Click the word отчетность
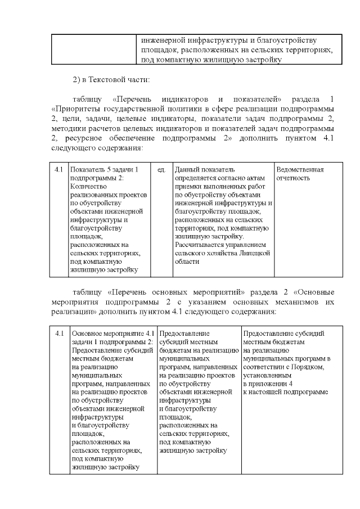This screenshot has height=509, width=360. point(293,178)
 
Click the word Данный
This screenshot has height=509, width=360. point(187,169)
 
